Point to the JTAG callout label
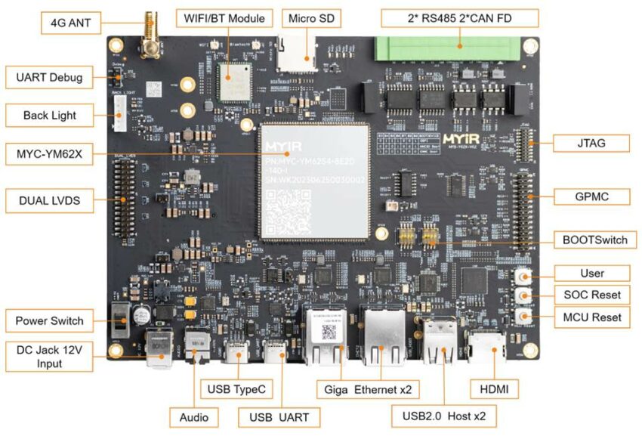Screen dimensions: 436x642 pyautogui.click(x=590, y=142)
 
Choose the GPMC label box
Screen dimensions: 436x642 pyautogui.click(x=590, y=196)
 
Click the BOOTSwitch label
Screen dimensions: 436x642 pyautogui.click(x=595, y=240)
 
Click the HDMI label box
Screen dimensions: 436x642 pyautogui.click(x=494, y=388)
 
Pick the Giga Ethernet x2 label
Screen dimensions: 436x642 pyautogui.click(x=368, y=388)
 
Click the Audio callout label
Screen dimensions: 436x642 pyautogui.click(x=194, y=416)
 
